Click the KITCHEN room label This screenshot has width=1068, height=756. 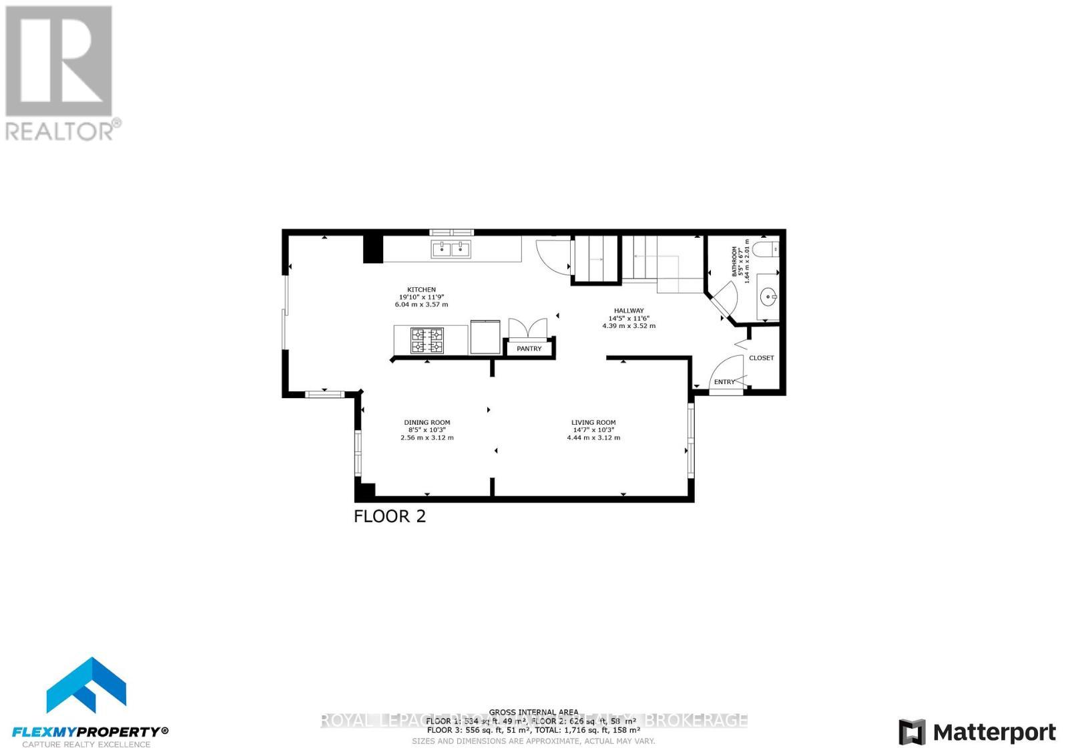coord(422,290)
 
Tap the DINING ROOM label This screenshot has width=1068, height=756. coord(427,422)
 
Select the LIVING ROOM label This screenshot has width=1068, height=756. coord(593,422)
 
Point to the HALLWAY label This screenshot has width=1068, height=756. coord(629,311)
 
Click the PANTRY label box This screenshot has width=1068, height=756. coord(529,349)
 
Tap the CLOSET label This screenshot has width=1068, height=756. coord(761,358)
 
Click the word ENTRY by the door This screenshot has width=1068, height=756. coord(724,382)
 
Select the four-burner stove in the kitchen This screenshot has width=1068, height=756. coord(427,340)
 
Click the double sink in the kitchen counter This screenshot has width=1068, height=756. coord(451,249)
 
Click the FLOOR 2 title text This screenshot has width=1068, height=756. coord(389,516)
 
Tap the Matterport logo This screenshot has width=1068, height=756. coord(978,733)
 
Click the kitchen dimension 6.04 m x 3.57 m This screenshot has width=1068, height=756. coord(421,305)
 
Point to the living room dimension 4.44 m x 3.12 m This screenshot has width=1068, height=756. coord(593,438)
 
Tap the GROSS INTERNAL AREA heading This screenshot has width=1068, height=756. coord(533,713)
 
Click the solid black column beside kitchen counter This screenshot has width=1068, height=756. coord(373,248)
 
